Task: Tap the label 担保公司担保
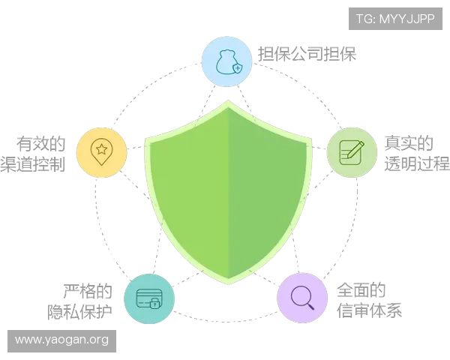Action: tap(307, 53)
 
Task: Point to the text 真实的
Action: tap(409, 142)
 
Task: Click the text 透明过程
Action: tap(417, 165)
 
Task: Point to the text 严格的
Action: tap(88, 289)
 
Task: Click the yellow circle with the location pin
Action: tap(101, 152)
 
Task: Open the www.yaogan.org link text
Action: tap(61, 340)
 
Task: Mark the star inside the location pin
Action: tap(101, 149)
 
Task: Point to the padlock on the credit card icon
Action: tap(154, 305)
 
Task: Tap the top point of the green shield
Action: tap(227, 103)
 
